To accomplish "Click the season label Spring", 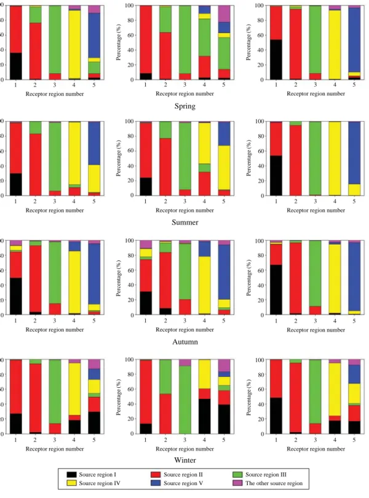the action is (184, 106).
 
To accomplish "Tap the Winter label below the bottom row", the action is (185, 460).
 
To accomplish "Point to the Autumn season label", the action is (185, 342).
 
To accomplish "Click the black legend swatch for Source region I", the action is (72, 475).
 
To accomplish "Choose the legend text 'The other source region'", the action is (274, 483).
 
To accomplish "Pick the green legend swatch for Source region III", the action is (237, 475).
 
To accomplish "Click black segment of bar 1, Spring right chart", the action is (276, 59).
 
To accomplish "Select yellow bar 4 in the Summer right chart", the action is (335, 158).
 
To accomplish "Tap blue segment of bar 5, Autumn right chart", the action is (354, 276).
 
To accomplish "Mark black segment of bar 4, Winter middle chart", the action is (204, 416).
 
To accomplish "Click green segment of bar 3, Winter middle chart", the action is (184, 400).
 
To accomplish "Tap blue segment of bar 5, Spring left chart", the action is (94, 36).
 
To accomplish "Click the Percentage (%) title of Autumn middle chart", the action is (119, 278).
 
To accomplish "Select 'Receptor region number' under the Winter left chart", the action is (55, 449).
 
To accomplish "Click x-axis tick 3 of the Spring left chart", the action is (55, 85).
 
